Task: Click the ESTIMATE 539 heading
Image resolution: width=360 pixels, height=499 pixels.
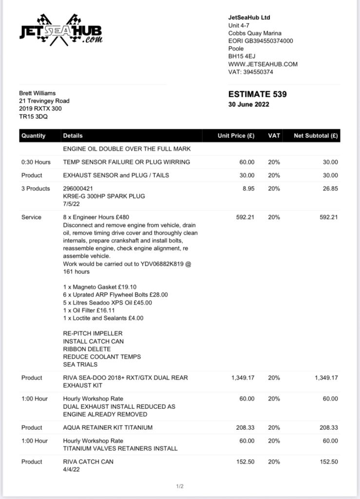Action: coord(257,95)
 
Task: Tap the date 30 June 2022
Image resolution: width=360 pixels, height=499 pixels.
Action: coord(248,104)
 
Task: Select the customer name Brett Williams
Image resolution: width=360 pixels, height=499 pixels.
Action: coord(37,93)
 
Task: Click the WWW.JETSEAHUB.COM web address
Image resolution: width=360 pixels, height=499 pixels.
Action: coord(263,64)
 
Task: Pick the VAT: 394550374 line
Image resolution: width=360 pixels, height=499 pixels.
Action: coord(250,72)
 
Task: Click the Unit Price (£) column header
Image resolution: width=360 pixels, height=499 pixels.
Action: coord(236,136)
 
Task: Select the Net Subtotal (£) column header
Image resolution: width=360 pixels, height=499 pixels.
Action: coord(316,136)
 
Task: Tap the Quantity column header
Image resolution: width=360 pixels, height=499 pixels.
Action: coord(33,136)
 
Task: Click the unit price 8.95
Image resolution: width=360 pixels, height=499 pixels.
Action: coord(248,189)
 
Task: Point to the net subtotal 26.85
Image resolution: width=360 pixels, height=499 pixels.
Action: coord(329,189)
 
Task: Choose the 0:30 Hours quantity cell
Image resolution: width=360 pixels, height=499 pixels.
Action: coord(35,162)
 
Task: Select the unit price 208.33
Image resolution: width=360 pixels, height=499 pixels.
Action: coord(245,428)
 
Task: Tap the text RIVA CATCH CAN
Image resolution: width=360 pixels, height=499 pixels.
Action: coord(88,462)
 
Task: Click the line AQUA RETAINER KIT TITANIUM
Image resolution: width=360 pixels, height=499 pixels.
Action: coord(108,428)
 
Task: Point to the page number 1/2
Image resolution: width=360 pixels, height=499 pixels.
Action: coord(180,486)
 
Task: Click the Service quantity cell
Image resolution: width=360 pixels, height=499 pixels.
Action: coord(31,217)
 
